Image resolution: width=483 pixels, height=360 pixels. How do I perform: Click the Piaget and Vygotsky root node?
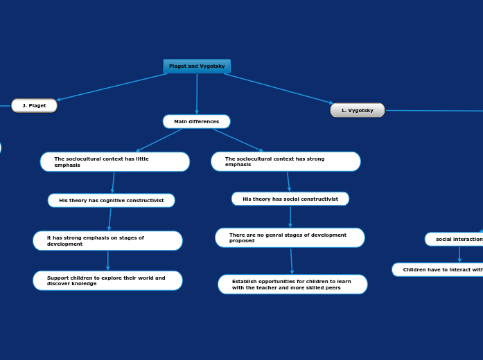[x=197, y=66]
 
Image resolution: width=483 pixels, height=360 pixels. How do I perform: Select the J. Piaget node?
[x=34, y=106]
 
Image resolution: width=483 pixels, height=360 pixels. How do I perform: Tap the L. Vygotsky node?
[x=358, y=110]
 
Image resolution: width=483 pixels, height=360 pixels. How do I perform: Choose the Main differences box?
[x=196, y=122]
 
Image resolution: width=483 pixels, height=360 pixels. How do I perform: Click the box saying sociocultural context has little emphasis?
[x=115, y=162]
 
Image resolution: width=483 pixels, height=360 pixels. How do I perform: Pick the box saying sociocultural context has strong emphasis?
[x=286, y=162]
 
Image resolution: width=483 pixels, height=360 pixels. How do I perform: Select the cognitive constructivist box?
[x=111, y=201]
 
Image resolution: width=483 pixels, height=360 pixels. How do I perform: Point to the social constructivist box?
[x=290, y=199]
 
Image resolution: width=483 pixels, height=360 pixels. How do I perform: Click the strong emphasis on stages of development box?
[x=107, y=241]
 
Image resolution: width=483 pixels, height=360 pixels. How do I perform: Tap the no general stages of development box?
[x=290, y=238]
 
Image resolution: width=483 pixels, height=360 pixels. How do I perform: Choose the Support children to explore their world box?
[x=107, y=281]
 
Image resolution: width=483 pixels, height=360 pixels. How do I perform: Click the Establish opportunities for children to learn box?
[x=292, y=285]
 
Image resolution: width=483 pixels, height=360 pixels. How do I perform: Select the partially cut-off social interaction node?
[x=455, y=240]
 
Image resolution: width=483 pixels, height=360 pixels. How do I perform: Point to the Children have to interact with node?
[x=438, y=270]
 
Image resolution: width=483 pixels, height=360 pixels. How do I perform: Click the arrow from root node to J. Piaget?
[x=111, y=87]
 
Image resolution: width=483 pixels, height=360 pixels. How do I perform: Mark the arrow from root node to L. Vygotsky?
[x=277, y=89]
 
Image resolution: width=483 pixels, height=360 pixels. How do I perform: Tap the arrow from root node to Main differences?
[x=197, y=93]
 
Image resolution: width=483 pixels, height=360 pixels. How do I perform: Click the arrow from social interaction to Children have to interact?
[x=459, y=254]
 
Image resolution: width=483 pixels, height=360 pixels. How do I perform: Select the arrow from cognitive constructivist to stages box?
[x=109, y=219]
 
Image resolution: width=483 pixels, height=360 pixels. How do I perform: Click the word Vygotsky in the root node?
[x=212, y=66]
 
